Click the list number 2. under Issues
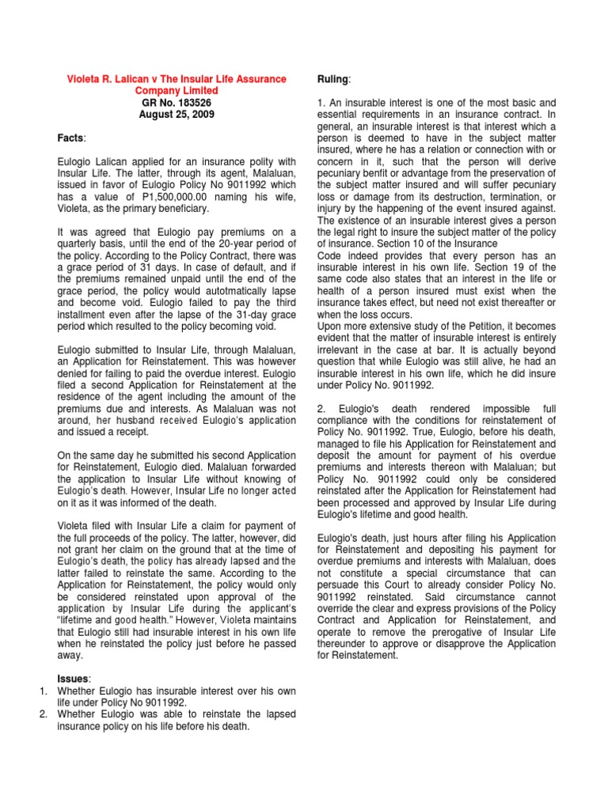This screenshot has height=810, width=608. tap(45, 713)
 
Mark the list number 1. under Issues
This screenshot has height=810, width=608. tap(45, 691)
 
